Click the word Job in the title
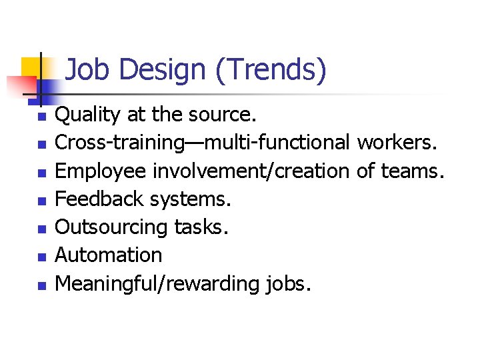[86, 70]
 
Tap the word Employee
[101, 171]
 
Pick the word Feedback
[99, 199]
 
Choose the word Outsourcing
[111, 227]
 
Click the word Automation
[108, 255]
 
